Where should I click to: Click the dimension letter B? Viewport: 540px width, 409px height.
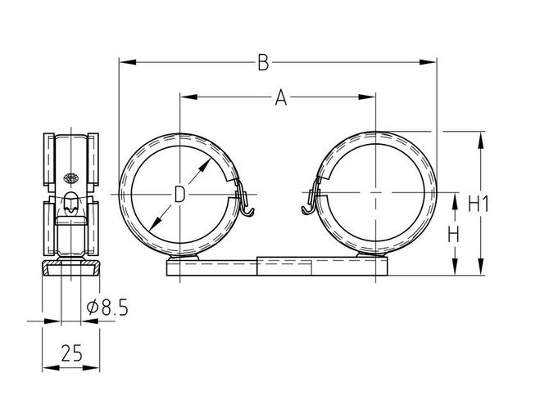click(263, 62)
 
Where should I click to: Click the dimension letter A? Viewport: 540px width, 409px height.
click(281, 97)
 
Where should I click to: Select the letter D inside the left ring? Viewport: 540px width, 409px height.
click(179, 194)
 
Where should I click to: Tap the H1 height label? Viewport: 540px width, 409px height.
click(479, 204)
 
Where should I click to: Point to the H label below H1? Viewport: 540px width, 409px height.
click(453, 236)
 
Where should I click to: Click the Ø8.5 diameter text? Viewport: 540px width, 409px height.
click(107, 308)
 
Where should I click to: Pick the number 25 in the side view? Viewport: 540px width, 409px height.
click(71, 353)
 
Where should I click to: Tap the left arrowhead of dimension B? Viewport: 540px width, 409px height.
click(127, 62)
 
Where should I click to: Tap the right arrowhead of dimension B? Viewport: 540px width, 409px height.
click(428, 62)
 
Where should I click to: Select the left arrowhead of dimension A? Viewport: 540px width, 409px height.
click(188, 97)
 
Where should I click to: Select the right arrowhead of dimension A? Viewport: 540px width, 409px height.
click(367, 97)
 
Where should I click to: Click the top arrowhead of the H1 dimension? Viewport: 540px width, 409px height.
click(481, 140)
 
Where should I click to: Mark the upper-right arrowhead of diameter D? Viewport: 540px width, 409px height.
click(205, 166)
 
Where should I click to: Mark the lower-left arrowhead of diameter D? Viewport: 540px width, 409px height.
click(156, 222)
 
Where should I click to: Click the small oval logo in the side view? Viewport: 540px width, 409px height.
click(71, 178)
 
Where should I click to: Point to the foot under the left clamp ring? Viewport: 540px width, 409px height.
click(183, 258)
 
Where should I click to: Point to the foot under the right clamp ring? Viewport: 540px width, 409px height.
click(371, 255)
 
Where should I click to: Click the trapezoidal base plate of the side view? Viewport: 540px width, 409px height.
click(70, 269)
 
